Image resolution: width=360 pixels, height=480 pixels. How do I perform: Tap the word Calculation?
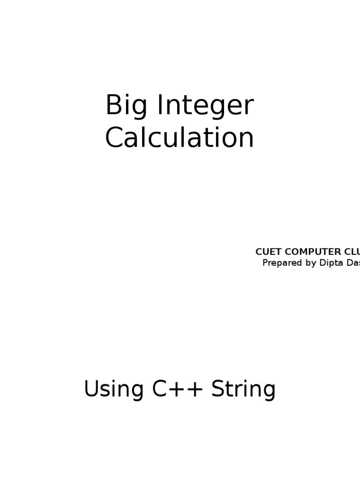coord(180,138)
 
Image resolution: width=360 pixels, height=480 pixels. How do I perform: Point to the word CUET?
coord(265,252)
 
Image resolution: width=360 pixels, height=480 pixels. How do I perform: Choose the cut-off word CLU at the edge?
coord(351,252)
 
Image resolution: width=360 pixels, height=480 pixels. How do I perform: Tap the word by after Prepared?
coord(311,263)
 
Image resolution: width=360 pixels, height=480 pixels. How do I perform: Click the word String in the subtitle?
coord(243,390)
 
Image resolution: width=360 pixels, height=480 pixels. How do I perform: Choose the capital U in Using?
coord(92,389)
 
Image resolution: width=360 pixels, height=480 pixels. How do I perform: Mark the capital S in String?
coord(218,389)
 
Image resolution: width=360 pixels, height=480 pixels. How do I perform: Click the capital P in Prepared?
coord(265,263)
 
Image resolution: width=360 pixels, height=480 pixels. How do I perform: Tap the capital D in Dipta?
coord(322,263)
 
